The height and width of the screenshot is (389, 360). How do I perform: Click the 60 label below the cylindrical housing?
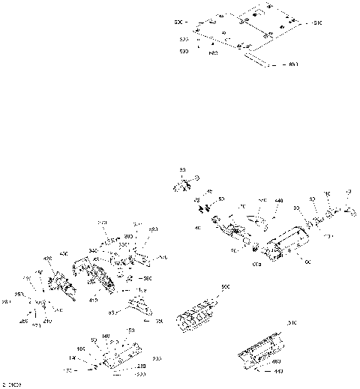[x=307, y=262]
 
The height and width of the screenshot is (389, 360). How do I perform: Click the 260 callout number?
[x=23, y=322]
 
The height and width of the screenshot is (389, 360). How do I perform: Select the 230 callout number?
[x=141, y=365]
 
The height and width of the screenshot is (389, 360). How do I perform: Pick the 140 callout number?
[x=106, y=336]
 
